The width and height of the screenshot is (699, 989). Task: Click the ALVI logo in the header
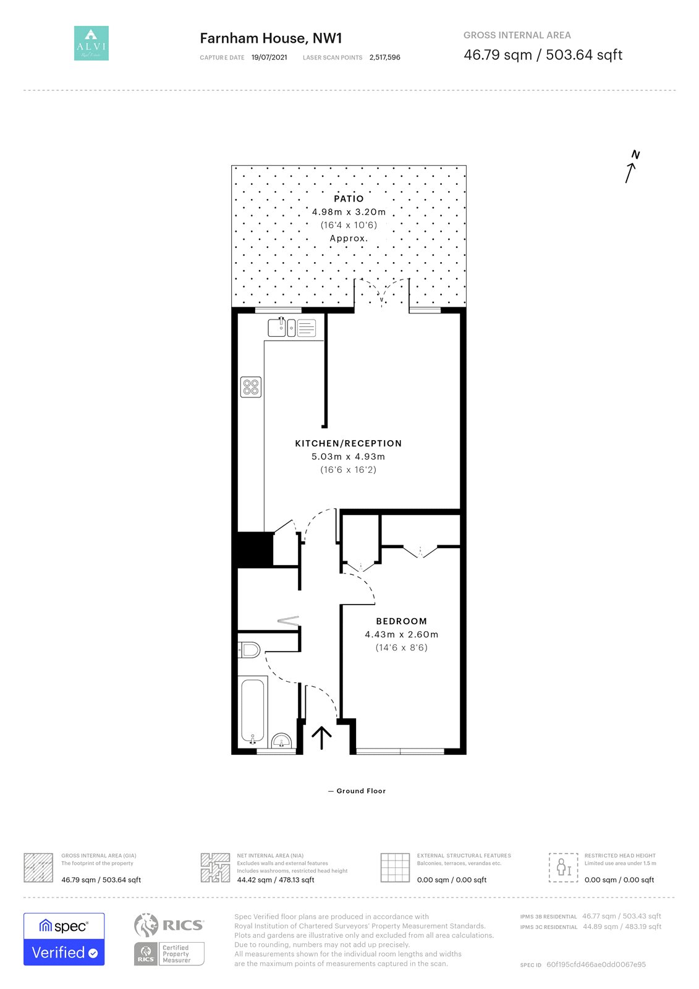tap(91, 43)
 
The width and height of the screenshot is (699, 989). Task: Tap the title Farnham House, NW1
tap(271, 38)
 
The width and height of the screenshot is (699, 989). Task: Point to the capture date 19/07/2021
tap(269, 57)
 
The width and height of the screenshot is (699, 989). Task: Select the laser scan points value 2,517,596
tap(384, 57)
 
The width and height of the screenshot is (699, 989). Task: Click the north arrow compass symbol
tap(632, 167)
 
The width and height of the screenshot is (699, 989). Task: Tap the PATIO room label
tap(349, 198)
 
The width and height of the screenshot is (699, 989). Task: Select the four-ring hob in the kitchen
tap(251, 387)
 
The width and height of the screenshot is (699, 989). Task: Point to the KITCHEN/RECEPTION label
tap(349, 443)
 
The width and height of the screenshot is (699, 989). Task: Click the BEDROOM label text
tap(401, 621)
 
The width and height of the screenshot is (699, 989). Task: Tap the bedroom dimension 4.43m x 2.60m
tap(401, 634)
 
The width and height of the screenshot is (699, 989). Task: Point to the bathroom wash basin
tap(281, 741)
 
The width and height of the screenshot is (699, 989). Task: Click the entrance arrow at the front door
tap(321, 738)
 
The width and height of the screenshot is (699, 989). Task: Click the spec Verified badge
tap(64, 939)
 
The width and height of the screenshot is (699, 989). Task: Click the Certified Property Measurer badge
tap(169, 954)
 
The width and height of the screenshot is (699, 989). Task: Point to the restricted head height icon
tap(563, 868)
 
